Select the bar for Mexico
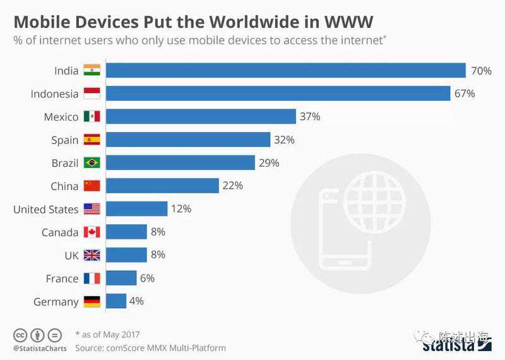(x=201, y=116)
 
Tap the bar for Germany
(x=116, y=301)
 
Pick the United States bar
(x=136, y=209)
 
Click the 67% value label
(x=464, y=93)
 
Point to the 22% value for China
(x=232, y=186)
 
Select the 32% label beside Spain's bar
(x=284, y=140)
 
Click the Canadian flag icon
(x=92, y=232)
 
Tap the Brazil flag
(x=92, y=163)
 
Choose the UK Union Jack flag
(x=92, y=255)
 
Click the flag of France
(x=92, y=279)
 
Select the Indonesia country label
(x=54, y=93)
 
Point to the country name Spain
(x=65, y=140)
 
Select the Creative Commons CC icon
(x=20, y=335)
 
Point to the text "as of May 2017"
(x=110, y=335)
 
